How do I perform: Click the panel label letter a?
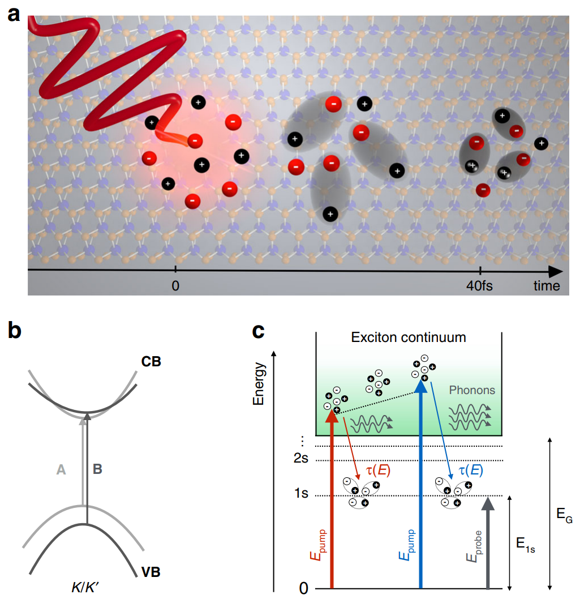click(x=13, y=13)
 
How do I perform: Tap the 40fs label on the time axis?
click(x=478, y=285)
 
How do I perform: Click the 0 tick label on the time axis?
click(x=175, y=285)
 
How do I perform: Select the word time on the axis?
click(x=546, y=285)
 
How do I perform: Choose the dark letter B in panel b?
click(x=97, y=468)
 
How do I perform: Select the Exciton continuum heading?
click(x=409, y=338)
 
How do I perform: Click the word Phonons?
click(x=471, y=390)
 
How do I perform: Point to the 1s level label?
click(x=301, y=494)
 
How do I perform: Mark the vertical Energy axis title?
click(x=260, y=385)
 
